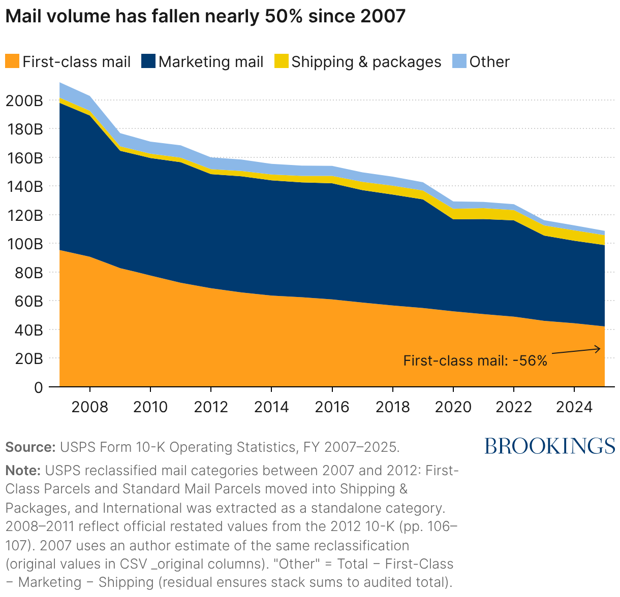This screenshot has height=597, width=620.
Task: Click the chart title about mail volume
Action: [x=205, y=16]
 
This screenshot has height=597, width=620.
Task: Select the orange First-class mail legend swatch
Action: [x=12, y=61]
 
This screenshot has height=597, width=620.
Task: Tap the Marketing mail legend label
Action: [x=211, y=61]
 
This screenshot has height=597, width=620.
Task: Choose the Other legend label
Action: [x=489, y=61]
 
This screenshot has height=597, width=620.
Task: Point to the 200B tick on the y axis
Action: [x=24, y=101]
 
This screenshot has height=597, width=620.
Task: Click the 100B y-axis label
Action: [x=24, y=244]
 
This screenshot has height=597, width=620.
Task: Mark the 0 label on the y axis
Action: [x=38, y=387]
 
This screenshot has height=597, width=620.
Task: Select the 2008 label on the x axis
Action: [x=90, y=407]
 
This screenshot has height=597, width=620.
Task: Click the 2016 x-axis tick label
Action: [x=332, y=407]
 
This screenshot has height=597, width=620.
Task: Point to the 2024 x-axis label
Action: [x=574, y=407]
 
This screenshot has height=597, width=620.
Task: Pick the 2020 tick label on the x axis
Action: [x=453, y=407]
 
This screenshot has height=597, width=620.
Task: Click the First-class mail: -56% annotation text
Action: [x=475, y=360]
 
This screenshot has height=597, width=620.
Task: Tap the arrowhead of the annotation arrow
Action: [x=598, y=349]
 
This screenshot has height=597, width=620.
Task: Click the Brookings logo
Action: [x=549, y=446]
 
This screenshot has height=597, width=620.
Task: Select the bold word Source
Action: [x=30, y=447]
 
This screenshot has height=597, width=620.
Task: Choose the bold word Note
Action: [x=23, y=471]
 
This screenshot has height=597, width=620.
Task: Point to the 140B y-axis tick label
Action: [x=24, y=186]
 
